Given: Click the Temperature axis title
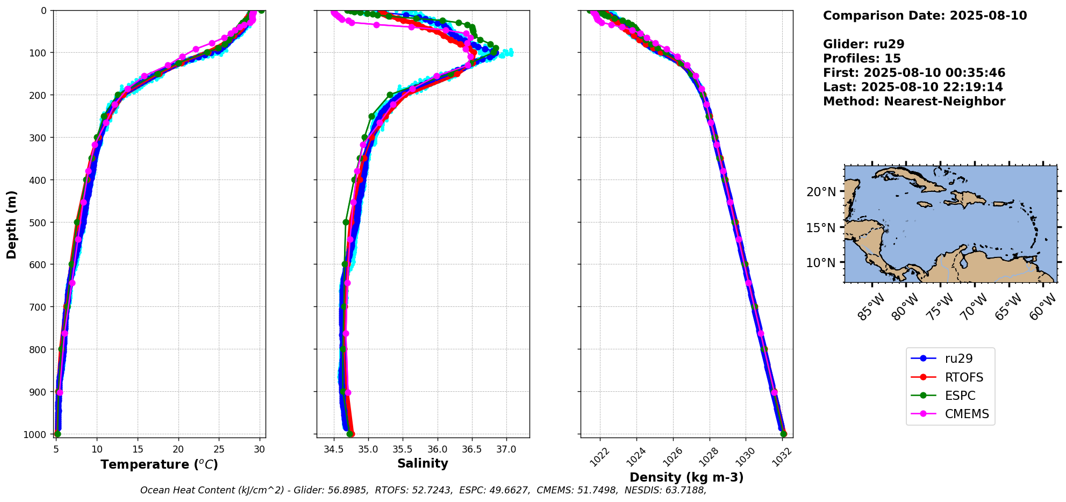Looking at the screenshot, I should click(159, 464).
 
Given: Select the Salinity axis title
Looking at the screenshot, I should click(423, 463).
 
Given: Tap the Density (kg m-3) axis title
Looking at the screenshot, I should click(686, 477).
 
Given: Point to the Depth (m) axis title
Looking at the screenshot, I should click(11, 224).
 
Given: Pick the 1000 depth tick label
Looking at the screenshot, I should click(35, 434).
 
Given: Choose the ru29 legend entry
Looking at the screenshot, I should click(958, 358).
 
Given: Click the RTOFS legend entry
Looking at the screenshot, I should click(960, 377).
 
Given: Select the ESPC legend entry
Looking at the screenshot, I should click(960, 396).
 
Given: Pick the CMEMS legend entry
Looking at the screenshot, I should click(967, 414).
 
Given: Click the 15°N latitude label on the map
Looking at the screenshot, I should click(821, 228).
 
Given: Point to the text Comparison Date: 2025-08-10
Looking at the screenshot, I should click(925, 16).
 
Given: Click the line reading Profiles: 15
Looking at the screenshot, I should click(862, 59).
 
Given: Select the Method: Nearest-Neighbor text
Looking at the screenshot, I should click(914, 102).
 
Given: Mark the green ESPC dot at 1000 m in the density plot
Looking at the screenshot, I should click(783, 434).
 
